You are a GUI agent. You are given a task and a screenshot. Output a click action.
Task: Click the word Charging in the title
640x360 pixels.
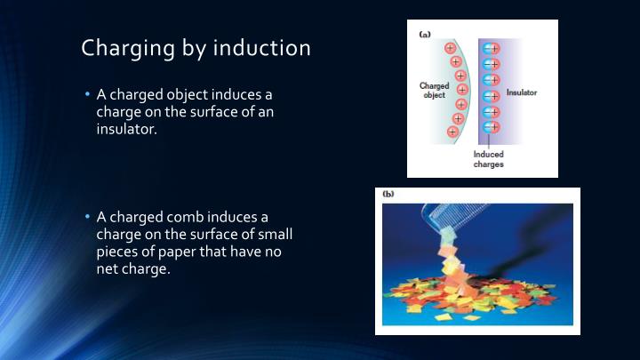pos(124,48)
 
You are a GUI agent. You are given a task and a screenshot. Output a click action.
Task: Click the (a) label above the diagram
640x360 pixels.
pos(425,34)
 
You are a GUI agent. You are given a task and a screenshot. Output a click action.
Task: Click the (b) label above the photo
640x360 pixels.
pos(388,194)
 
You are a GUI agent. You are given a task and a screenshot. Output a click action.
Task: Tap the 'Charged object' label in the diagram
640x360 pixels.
pos(435,91)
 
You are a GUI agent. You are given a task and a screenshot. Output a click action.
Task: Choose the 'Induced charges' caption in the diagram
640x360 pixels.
pos(488,159)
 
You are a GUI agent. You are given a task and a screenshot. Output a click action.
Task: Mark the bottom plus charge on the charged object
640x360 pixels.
pos(452,132)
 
